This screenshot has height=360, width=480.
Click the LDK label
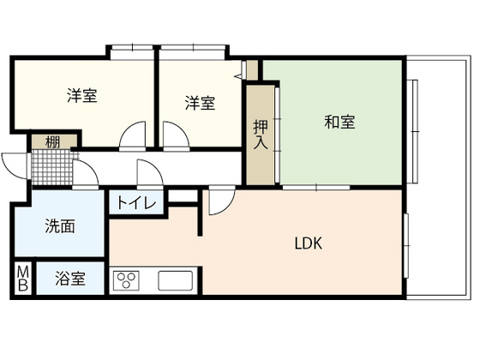point(308,243)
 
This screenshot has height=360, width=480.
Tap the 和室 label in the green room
point(339,122)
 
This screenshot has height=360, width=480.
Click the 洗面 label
point(59,227)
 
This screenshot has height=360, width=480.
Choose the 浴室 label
point(70,279)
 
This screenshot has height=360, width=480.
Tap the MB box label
point(23,279)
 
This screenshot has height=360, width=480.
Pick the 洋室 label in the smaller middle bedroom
point(199,103)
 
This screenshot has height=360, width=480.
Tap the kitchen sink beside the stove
point(175,280)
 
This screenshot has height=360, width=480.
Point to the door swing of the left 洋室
point(133,135)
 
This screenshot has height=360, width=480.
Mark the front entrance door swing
point(15,163)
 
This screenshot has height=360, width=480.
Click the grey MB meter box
point(23,279)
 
